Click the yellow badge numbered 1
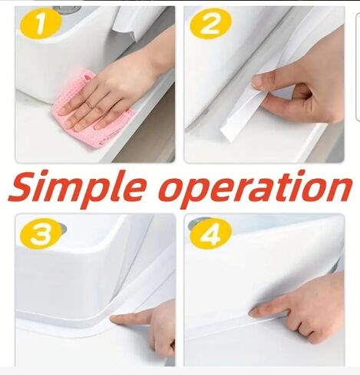[x=41, y=24]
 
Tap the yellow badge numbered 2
[x=210, y=23]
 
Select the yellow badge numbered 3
[x=41, y=234]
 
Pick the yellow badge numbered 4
[x=211, y=234]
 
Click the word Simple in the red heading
[x=76, y=187]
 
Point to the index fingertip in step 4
[x=254, y=312]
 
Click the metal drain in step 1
[x=67, y=9]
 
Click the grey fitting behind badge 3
[x=63, y=227]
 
